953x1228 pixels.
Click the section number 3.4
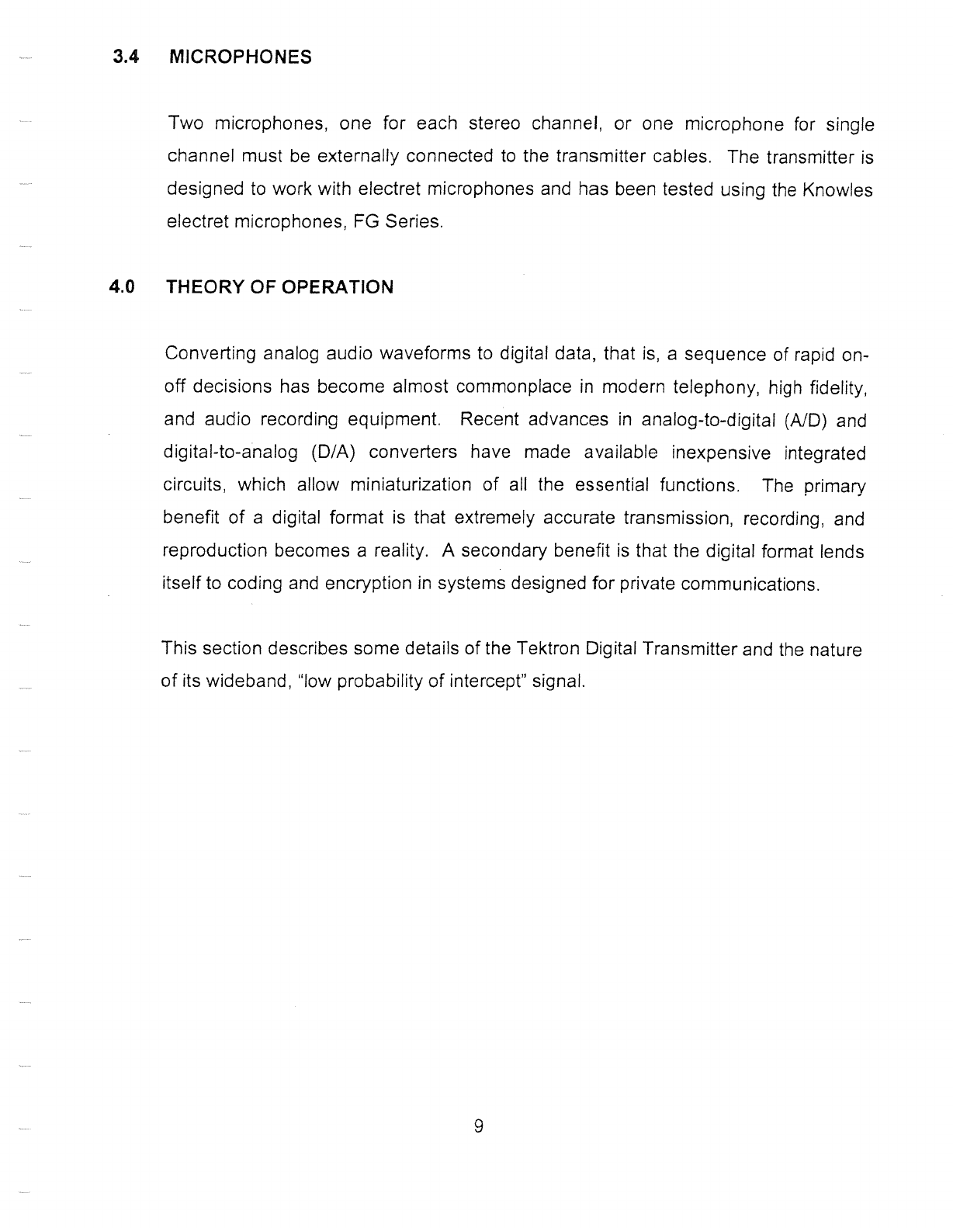pos(124,57)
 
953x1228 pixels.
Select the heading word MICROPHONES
pos(240,57)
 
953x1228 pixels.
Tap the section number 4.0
pos(123,287)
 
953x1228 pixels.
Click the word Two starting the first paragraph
pos(185,124)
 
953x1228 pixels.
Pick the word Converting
pos(210,354)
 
